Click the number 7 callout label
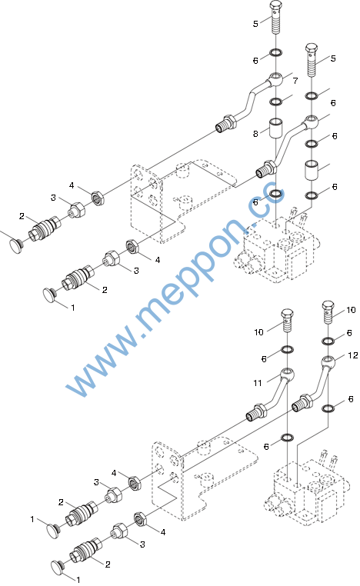295,81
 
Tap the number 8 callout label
255,134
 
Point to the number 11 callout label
258,383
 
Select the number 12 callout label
352,355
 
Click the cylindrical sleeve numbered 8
276,128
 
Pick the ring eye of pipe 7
276,79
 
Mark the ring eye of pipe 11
287,374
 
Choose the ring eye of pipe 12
328,361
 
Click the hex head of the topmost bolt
276,7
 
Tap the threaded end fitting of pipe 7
226,124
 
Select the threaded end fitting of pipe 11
256,412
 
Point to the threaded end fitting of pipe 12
302,403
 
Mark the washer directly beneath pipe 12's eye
328,408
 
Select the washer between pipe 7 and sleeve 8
276,102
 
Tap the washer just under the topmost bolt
276,52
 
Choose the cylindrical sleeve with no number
312,171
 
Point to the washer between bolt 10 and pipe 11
287,350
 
